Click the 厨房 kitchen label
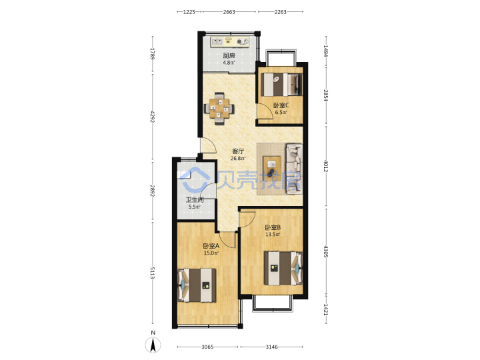[229, 56]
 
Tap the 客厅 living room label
[238, 151]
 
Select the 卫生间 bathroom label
[195, 200]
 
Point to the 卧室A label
[211, 246]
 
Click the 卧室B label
[273, 228]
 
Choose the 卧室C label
[281, 105]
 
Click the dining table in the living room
[219, 109]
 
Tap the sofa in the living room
[294, 169]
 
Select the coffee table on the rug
[272, 168]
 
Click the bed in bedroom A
[197, 285]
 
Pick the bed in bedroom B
[283, 269]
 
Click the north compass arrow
[153, 345]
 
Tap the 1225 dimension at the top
[189, 12]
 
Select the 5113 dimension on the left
[153, 273]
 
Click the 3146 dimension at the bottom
[271, 347]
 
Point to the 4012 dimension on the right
[326, 166]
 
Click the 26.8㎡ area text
[238, 159]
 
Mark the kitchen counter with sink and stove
[230, 41]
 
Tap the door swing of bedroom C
[265, 111]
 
